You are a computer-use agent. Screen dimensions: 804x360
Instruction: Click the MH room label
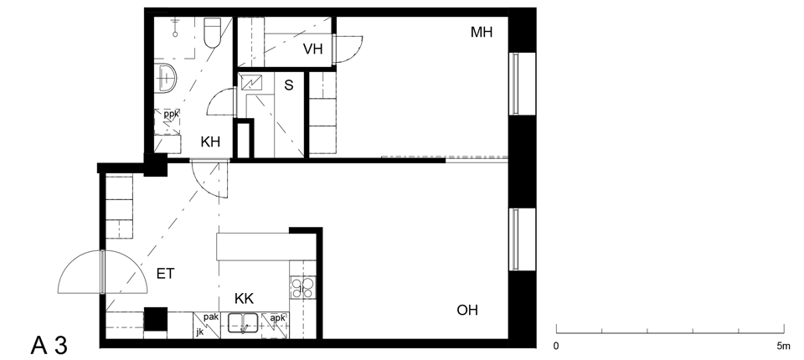pos(482,33)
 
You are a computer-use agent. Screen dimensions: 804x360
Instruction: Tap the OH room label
pos(467,311)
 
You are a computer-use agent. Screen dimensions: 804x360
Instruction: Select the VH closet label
pos(312,49)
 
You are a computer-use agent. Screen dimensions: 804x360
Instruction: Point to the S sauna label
pos(289,85)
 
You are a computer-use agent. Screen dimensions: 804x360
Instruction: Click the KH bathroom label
pos(210,142)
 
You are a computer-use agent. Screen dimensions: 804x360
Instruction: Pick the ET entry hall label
pos(165,274)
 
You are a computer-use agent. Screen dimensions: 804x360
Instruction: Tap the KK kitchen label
pos(244,298)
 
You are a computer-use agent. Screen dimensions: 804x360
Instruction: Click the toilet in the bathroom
pos(212,33)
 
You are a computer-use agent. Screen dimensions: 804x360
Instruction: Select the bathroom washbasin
pos(165,79)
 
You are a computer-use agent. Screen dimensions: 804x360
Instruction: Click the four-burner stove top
pos(302,288)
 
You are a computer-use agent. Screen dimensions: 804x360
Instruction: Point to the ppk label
pos(171,115)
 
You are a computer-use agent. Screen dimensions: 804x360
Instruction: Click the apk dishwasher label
pos(277,318)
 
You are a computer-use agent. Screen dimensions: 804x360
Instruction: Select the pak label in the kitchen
pos(211,317)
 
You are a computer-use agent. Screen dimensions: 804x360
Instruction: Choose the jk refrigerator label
pos(199,332)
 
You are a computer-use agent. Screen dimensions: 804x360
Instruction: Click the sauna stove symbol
pos(255,82)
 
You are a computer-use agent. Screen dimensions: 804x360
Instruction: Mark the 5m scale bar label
pos(784,346)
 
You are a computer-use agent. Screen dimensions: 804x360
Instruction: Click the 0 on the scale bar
pos(556,346)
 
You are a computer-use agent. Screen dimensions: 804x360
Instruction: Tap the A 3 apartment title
pos(49,346)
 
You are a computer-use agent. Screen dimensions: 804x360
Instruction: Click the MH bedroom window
pos(515,84)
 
